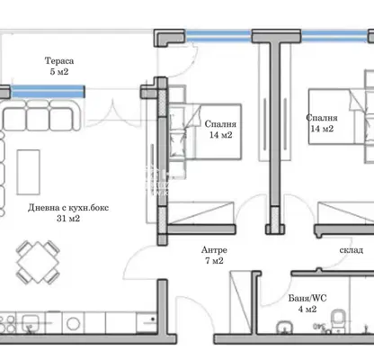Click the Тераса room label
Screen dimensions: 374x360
pyautogui.click(x=59, y=61)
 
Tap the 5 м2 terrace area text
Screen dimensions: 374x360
pyautogui.click(x=59, y=72)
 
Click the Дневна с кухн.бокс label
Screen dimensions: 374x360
pyautogui.click(x=68, y=208)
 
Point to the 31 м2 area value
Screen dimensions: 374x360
pyautogui.click(x=68, y=219)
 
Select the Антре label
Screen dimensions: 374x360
pyautogui.click(x=214, y=250)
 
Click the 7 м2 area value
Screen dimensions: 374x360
pyautogui.click(x=214, y=261)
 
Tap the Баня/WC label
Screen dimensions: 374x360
pyautogui.click(x=307, y=298)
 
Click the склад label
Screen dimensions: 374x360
pyautogui.click(x=352, y=250)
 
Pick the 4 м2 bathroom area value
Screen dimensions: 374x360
pyautogui.click(x=307, y=309)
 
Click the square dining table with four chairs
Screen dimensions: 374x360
pyautogui.click(x=38, y=263)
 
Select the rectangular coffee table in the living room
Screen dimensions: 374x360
pyautogui.click(x=29, y=172)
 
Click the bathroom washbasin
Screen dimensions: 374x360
pyautogui.click(x=285, y=327)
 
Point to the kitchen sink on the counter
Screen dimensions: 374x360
pyautogui.click(x=30, y=322)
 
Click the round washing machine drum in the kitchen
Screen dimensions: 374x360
pyautogui.click(x=73, y=324)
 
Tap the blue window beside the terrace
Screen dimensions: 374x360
pyautogui.click(x=48, y=92)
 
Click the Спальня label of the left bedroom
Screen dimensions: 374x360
pyautogui.click(x=220, y=124)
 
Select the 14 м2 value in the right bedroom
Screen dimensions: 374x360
pyautogui.click(x=322, y=129)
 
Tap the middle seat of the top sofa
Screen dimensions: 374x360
pyautogui.click(x=38, y=118)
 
